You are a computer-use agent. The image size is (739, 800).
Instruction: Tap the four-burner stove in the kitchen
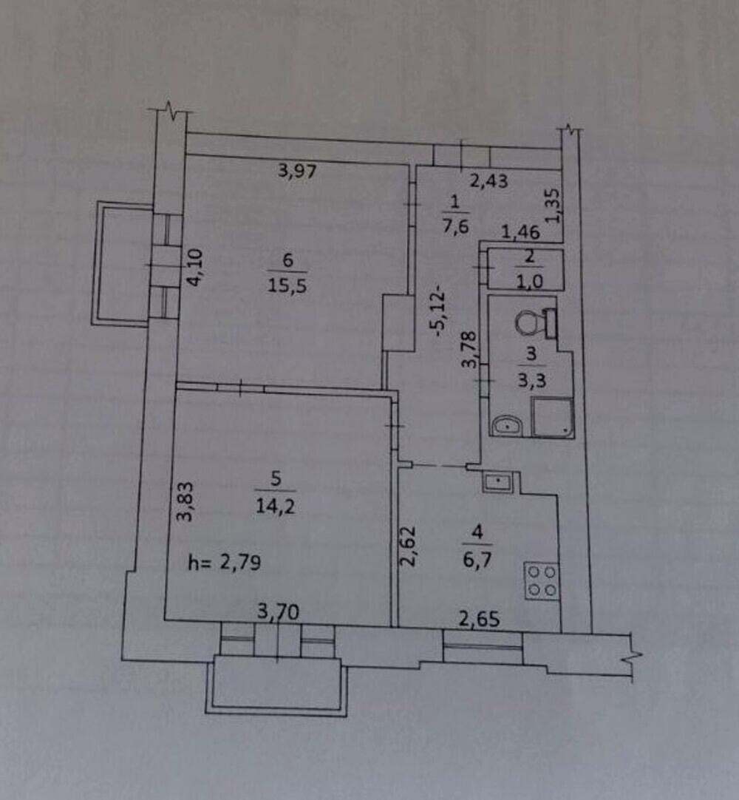[542, 580]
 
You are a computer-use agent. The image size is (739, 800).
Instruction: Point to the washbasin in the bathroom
[507, 425]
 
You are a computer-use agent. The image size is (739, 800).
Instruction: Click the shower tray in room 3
[553, 417]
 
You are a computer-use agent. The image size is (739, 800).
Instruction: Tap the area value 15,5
[287, 285]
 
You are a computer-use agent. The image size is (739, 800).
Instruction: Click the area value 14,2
[276, 506]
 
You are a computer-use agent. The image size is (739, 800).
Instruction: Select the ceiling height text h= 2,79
[225, 562]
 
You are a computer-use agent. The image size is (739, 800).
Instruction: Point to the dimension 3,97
[297, 170]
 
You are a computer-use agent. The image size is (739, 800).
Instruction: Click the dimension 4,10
[195, 267]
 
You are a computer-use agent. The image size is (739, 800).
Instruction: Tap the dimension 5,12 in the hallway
[440, 314]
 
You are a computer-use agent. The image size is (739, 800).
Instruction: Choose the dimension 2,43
[488, 180]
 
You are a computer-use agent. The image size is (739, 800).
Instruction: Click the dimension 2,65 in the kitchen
[480, 619]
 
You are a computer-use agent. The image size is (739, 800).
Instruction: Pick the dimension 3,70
[278, 611]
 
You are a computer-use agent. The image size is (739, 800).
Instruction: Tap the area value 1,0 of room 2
[530, 281]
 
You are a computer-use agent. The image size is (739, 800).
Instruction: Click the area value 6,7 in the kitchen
[477, 560]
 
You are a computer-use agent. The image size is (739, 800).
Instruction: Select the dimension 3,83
[185, 501]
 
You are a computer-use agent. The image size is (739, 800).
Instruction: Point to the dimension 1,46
[520, 232]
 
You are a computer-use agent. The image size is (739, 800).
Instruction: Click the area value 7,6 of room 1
[455, 225]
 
